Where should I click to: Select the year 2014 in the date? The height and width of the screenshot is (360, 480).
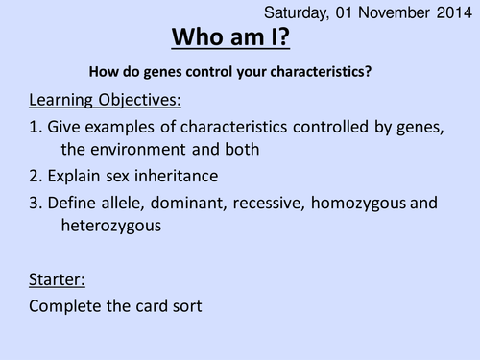[449, 12]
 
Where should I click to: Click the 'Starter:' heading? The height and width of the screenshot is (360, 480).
[57, 279]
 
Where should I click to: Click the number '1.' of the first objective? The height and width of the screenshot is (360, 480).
[35, 126]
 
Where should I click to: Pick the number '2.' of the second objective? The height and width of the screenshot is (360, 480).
[35, 177]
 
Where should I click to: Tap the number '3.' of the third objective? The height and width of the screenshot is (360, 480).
[35, 203]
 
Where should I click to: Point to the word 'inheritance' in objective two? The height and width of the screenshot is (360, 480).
[185, 177]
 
